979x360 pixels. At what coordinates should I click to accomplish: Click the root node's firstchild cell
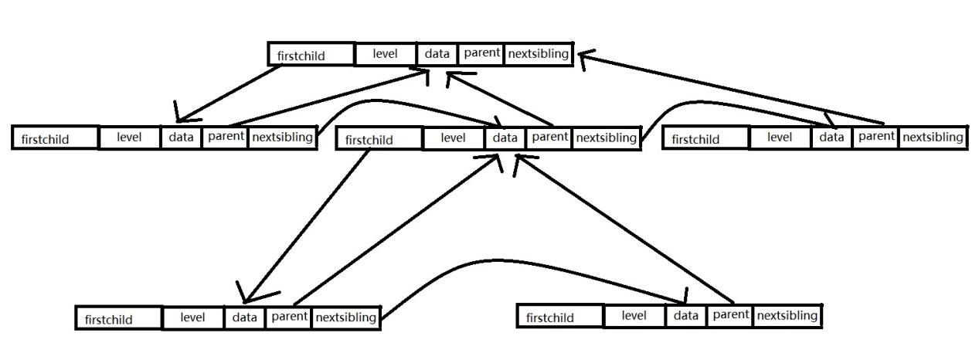click(311, 55)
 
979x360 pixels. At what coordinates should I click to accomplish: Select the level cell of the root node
click(385, 54)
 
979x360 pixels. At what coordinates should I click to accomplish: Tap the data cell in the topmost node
click(437, 54)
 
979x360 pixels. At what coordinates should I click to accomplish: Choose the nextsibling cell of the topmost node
click(538, 54)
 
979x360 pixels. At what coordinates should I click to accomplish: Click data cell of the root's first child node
click(181, 138)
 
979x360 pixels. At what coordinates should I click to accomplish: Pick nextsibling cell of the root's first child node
click(282, 138)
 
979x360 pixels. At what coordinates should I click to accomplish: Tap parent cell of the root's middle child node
click(549, 138)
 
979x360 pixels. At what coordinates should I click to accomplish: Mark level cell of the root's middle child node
click(454, 138)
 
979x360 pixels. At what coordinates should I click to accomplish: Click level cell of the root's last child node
click(780, 138)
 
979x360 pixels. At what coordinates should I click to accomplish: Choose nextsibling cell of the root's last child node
click(933, 138)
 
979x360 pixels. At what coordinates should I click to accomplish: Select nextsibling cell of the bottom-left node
click(345, 317)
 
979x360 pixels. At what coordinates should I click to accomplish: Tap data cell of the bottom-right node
click(685, 315)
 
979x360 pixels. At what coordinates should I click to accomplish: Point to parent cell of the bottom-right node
click(730, 315)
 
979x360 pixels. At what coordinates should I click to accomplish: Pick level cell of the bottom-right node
click(634, 315)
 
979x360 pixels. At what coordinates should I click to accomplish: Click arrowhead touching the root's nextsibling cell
click(585, 57)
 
